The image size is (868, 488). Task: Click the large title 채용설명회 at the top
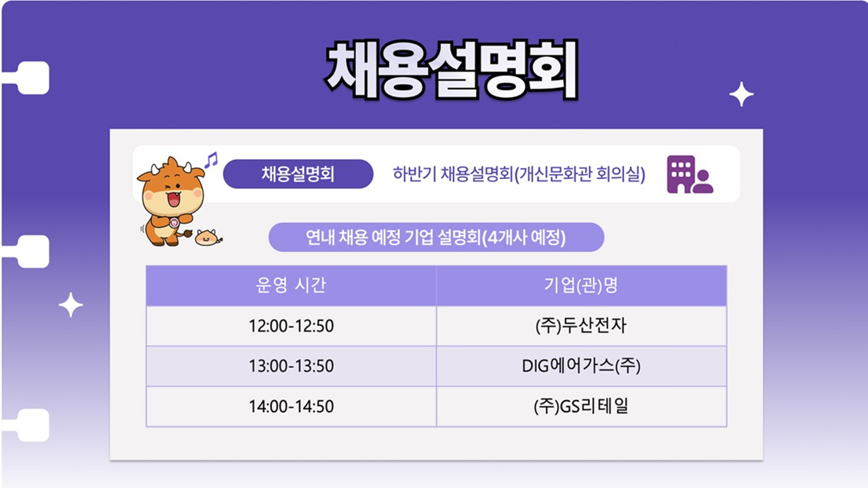pyautogui.click(x=452, y=70)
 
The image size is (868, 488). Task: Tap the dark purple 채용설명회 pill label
pyautogui.click(x=298, y=174)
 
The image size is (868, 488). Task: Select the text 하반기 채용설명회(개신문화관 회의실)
pyautogui.click(x=519, y=174)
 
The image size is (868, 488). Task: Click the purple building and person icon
pyautogui.click(x=690, y=174)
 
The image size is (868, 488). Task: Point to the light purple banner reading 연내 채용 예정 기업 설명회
pyautogui.click(x=436, y=237)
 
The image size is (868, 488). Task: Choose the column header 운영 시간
pyautogui.click(x=291, y=285)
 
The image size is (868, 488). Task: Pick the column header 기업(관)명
pyautogui.click(x=581, y=285)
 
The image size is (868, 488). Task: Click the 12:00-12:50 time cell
pyautogui.click(x=291, y=326)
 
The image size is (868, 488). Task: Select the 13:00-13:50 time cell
pyautogui.click(x=291, y=366)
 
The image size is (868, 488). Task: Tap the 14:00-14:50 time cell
pyautogui.click(x=291, y=406)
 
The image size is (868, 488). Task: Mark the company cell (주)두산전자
pyautogui.click(x=581, y=326)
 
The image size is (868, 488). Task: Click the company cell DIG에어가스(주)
pyautogui.click(x=581, y=366)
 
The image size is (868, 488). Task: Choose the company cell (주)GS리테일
pyautogui.click(x=581, y=406)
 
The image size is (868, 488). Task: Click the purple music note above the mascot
pyautogui.click(x=212, y=159)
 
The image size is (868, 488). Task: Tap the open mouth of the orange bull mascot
pyautogui.click(x=174, y=199)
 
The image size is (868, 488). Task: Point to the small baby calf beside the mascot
pyautogui.click(x=208, y=237)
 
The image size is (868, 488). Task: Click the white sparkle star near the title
pyautogui.click(x=741, y=94)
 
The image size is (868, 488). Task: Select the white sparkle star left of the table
pyautogui.click(x=71, y=305)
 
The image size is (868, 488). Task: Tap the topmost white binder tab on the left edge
pyautogui.click(x=29, y=78)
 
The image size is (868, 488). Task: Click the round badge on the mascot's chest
pyautogui.click(x=174, y=223)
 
